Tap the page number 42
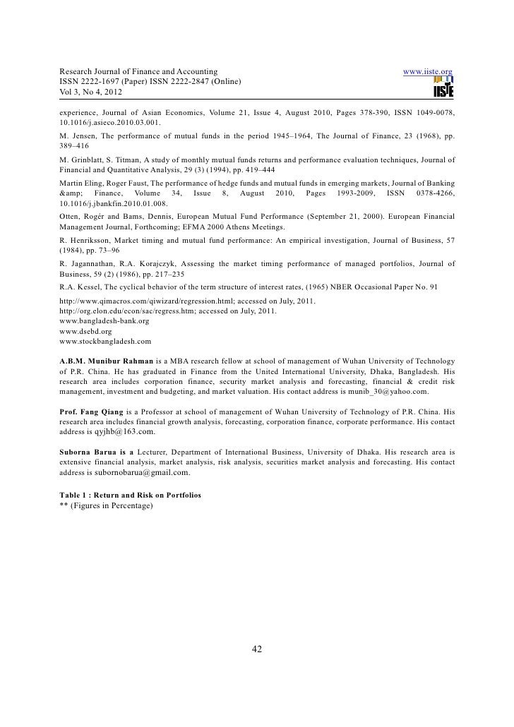coord(258,650)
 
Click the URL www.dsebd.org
coord(85,330)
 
